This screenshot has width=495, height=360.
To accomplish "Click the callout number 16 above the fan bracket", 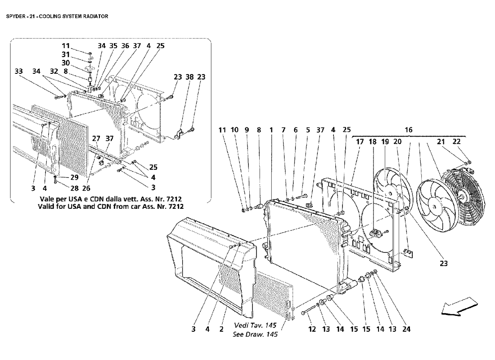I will click(409, 130).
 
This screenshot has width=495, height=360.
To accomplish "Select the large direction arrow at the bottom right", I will click(456, 306).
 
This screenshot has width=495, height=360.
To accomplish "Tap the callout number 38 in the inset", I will click(189, 77).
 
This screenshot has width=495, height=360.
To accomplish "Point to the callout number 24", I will click(406, 329).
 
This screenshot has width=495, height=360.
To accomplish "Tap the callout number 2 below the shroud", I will click(221, 329).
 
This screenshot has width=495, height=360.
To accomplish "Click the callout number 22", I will click(457, 142).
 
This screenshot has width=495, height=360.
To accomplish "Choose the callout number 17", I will click(360, 142).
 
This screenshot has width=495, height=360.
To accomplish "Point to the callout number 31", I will click(66, 54).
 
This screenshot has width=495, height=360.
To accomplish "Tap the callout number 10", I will click(234, 130).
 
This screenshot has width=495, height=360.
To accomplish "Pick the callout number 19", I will click(385, 142).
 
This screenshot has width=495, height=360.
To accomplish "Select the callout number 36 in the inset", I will click(125, 45).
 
